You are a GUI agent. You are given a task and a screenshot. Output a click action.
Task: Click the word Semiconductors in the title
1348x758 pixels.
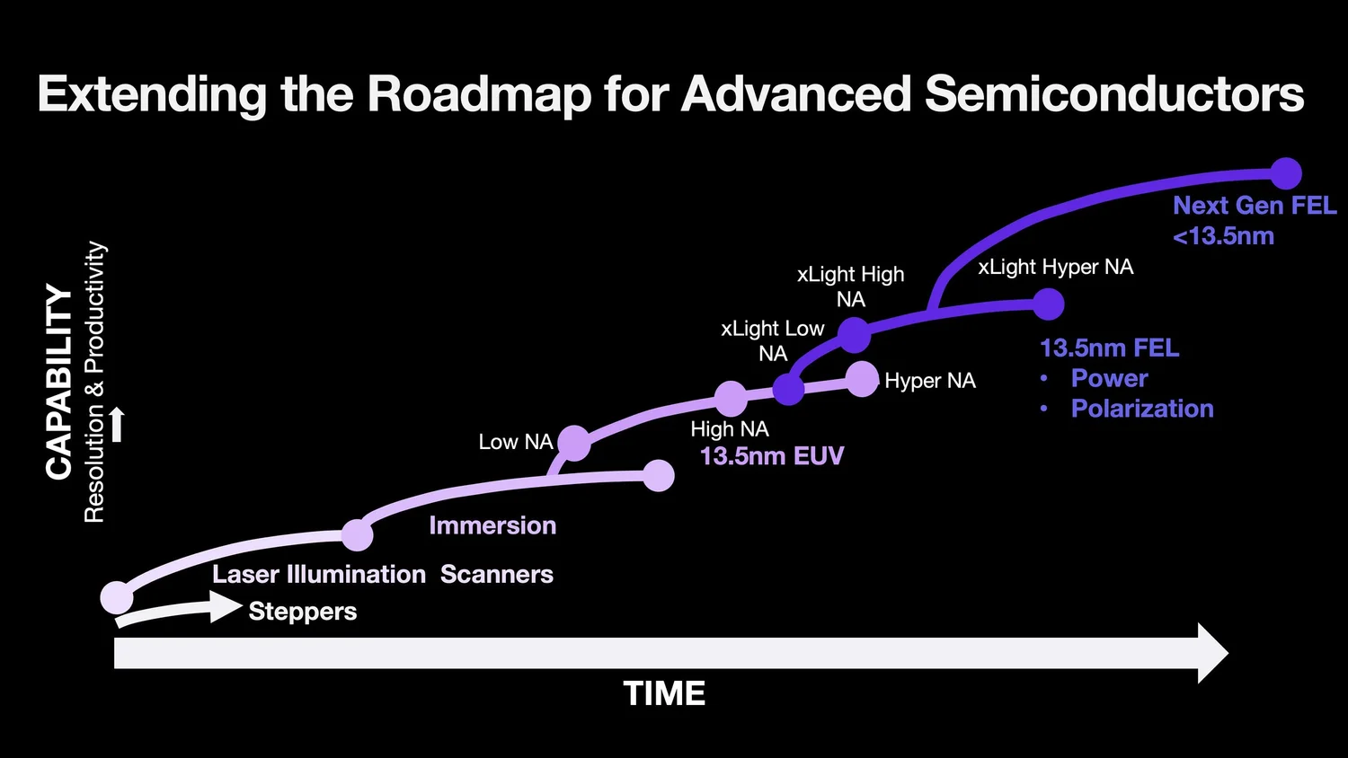[x=1113, y=94]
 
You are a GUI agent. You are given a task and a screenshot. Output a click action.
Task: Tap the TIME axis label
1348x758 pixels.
[x=664, y=693]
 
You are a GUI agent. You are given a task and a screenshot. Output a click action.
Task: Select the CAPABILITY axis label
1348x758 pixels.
[x=59, y=382]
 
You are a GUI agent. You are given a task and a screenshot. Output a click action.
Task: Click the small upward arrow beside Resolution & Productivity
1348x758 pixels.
[x=117, y=424]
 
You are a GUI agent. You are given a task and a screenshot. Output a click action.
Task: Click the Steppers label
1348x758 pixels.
[x=302, y=612]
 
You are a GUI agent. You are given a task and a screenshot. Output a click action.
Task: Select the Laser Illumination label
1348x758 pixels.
[x=318, y=575]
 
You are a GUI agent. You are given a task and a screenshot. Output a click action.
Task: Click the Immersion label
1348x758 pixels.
[x=492, y=525]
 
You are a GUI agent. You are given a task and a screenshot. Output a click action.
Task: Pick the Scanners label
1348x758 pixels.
[x=496, y=575]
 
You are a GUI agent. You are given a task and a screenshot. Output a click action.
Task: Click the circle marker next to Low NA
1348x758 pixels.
[x=573, y=443]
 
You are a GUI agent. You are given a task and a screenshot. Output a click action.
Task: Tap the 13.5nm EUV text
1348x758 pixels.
[x=771, y=456]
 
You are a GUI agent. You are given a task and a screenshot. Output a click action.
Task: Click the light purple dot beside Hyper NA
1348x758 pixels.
[x=862, y=379]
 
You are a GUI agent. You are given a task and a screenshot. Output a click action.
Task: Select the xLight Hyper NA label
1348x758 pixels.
[x=1055, y=267]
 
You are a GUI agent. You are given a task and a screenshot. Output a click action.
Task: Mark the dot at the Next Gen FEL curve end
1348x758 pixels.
[x=1286, y=173]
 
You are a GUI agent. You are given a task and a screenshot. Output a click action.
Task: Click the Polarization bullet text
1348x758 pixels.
[x=1141, y=409]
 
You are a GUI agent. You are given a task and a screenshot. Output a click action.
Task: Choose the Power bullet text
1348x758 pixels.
[x=1109, y=378]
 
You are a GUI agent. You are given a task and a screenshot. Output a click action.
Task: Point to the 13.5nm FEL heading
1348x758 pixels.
[x=1109, y=348]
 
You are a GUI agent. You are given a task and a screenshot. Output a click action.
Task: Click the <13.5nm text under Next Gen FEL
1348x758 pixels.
[x=1223, y=236]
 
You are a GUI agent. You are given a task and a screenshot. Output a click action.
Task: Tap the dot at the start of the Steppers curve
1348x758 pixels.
[x=117, y=596]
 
